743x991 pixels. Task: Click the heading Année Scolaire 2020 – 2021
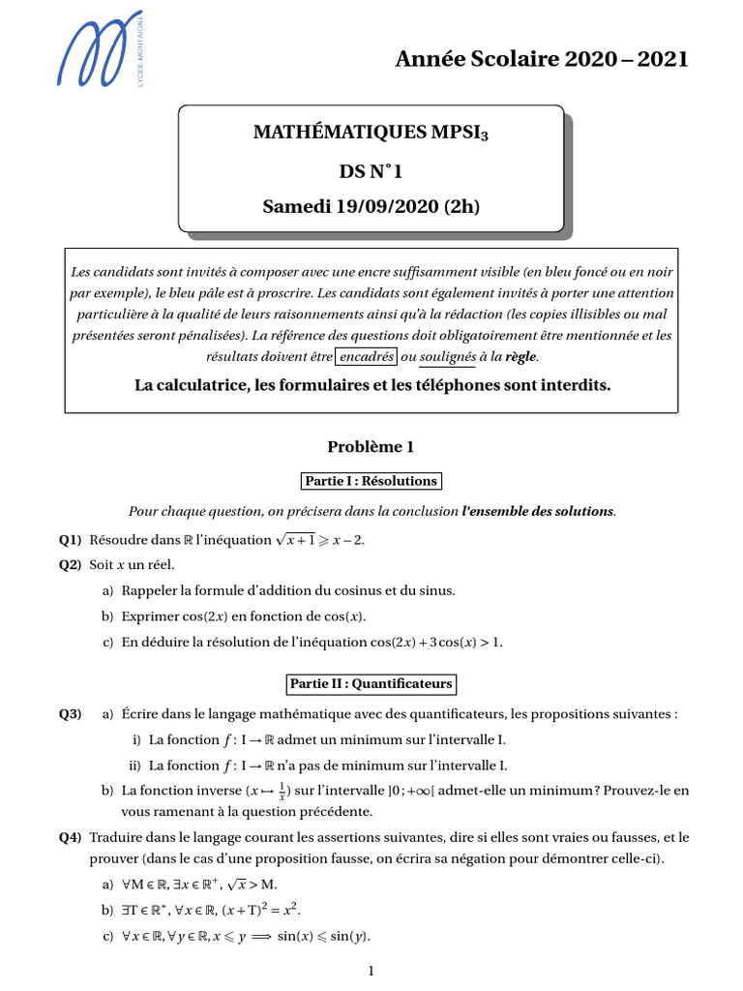[x=542, y=59]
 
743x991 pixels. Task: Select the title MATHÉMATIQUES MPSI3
[x=371, y=133]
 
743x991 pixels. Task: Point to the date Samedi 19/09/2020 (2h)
[x=371, y=206]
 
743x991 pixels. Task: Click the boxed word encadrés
[x=366, y=355]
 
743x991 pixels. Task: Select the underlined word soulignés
[x=445, y=356]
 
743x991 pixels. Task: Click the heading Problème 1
[x=371, y=446]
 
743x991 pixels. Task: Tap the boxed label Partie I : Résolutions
[x=371, y=481]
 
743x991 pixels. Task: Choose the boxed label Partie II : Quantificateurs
[x=371, y=684]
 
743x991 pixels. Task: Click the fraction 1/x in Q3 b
[x=280, y=791]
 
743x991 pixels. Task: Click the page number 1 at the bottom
[x=371, y=971]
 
